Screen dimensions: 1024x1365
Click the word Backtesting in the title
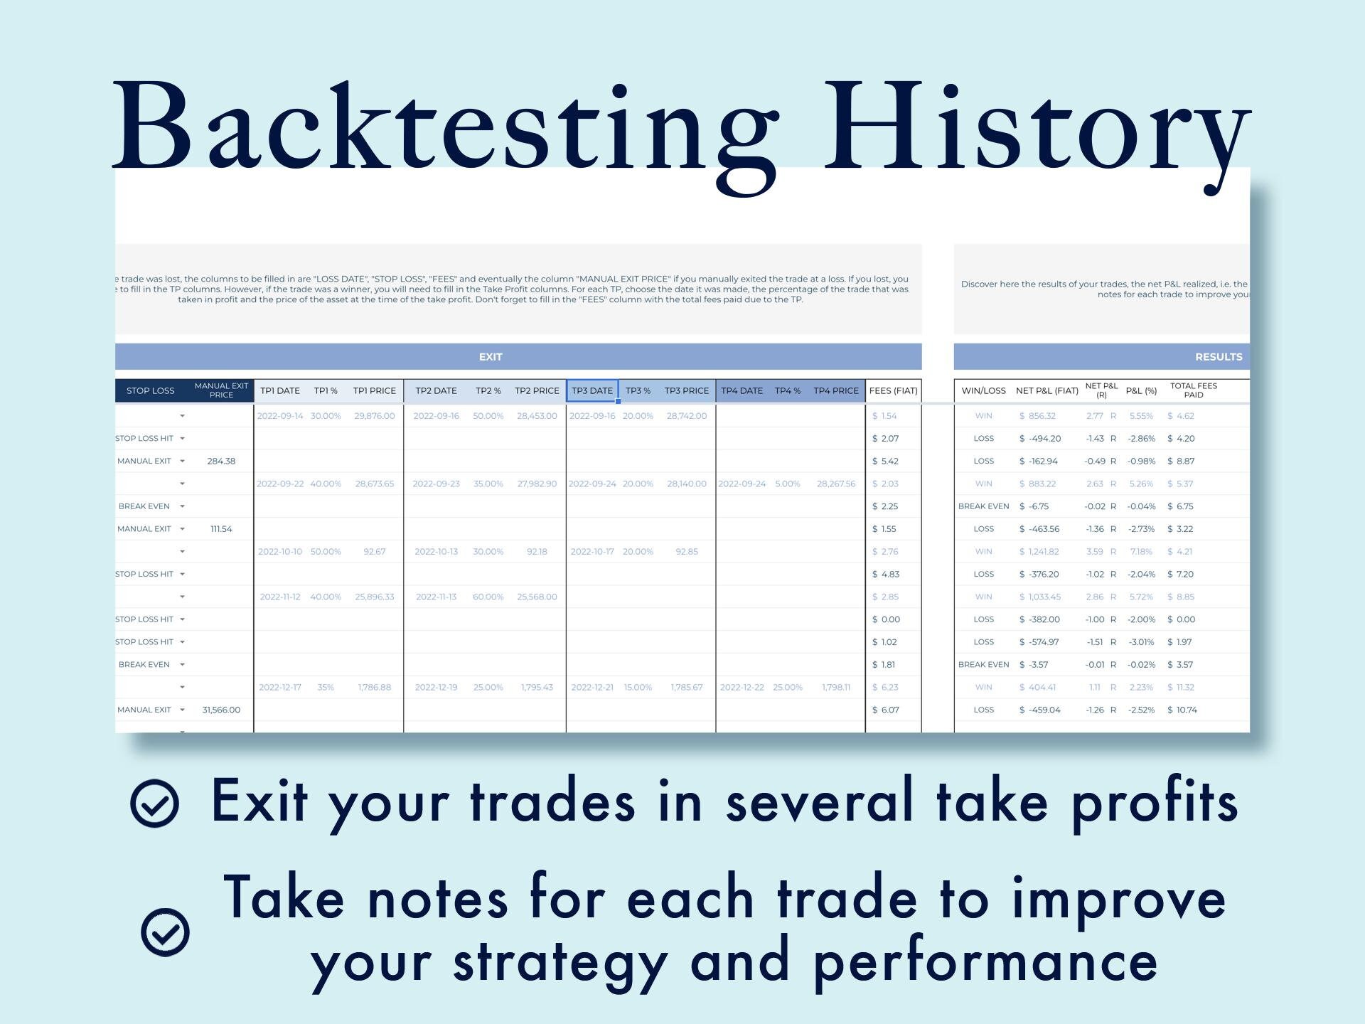(x=444, y=128)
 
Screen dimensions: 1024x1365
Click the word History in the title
(x=1034, y=128)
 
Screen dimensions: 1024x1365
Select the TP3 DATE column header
(x=592, y=390)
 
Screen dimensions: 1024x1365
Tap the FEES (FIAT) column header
(x=893, y=390)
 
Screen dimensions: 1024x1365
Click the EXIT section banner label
(x=491, y=357)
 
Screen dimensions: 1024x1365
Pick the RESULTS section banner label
(x=1219, y=357)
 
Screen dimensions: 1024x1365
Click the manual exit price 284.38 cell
(x=221, y=461)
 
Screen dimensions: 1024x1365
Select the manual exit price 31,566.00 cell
(x=221, y=710)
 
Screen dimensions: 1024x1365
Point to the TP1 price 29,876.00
(x=374, y=416)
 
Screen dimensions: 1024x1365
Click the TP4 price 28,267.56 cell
(x=836, y=484)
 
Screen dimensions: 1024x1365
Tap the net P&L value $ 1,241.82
(x=1039, y=552)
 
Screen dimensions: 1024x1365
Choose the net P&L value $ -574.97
(x=1039, y=642)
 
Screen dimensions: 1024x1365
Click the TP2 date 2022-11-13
(x=436, y=597)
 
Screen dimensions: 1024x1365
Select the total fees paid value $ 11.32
(x=1181, y=687)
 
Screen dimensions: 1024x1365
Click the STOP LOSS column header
(x=150, y=390)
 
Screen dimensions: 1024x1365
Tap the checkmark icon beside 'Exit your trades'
(x=154, y=804)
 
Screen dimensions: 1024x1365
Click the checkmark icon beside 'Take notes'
(x=165, y=932)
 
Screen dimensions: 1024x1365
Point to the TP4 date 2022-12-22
(x=742, y=687)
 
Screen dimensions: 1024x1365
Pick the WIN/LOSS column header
(x=983, y=390)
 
